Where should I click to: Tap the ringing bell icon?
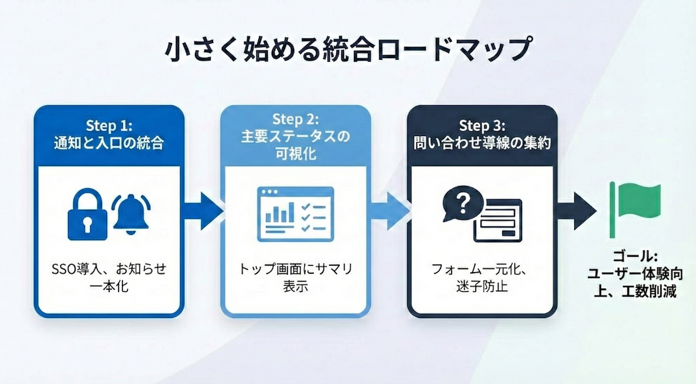(131, 214)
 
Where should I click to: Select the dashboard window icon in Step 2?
(295, 214)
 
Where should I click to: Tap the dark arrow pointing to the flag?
(576, 211)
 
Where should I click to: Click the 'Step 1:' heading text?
(109, 126)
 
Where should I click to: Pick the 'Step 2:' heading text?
(295, 119)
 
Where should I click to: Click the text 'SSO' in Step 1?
(64, 269)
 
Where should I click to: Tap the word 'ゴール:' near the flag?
(635, 256)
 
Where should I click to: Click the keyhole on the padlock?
(87, 225)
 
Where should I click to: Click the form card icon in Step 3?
(498, 220)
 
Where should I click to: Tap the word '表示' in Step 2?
(295, 286)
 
